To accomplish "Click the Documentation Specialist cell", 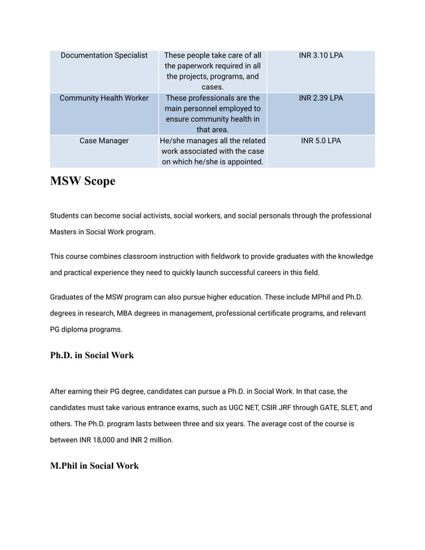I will [104, 55].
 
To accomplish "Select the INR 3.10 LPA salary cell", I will [320, 55].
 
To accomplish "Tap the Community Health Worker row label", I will [104, 98].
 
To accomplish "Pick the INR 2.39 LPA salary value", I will [320, 98].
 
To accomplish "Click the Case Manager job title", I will [104, 140].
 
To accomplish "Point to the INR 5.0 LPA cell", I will [320, 140].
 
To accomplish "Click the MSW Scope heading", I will [83, 181].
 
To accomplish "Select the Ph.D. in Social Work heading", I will [92, 356].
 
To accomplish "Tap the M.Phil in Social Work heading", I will [95, 466].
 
